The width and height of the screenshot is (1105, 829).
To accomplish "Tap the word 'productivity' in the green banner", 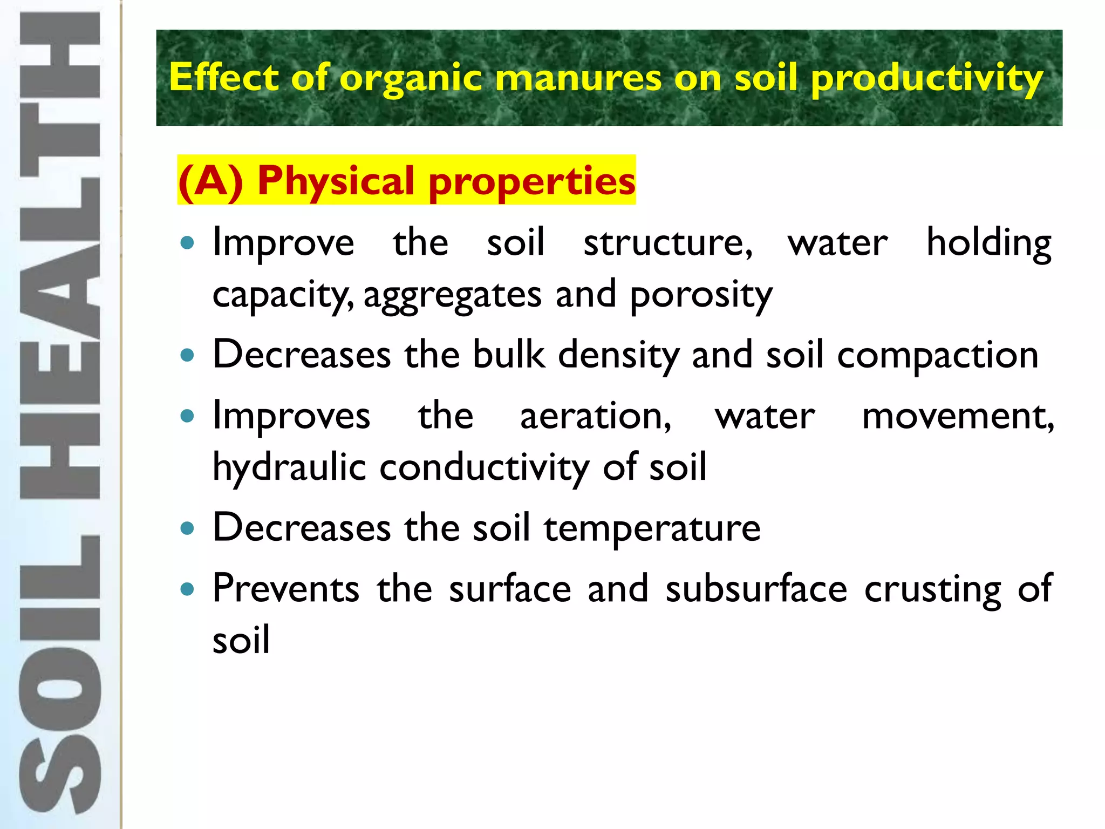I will (x=926, y=78).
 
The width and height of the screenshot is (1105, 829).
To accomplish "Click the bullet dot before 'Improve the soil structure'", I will (x=187, y=243).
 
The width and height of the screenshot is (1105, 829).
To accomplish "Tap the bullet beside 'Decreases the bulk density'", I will (x=187, y=356).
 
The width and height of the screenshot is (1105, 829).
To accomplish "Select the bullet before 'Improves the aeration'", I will (x=187, y=416).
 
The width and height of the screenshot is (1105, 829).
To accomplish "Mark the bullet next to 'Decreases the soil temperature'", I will (x=187, y=528).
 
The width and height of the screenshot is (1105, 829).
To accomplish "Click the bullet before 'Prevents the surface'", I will (x=187, y=589).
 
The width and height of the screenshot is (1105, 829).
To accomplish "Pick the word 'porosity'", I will (x=701, y=296).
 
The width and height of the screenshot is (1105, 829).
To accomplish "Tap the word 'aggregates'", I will (x=452, y=296).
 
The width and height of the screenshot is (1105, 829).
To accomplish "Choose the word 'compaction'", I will (x=937, y=356).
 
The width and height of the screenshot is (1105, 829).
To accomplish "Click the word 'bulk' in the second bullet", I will (x=509, y=356).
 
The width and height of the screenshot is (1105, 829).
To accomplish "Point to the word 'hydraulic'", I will (x=289, y=467).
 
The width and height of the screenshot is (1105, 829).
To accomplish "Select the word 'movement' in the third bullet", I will (x=958, y=416).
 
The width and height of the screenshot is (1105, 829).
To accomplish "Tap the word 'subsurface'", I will (x=756, y=589).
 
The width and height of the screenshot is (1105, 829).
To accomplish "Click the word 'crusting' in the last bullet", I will (x=933, y=589).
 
